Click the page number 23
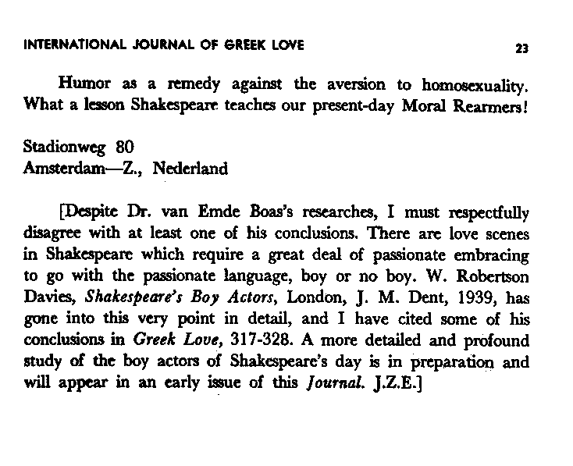(523, 48)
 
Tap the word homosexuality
(464, 84)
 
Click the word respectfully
(484, 212)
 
